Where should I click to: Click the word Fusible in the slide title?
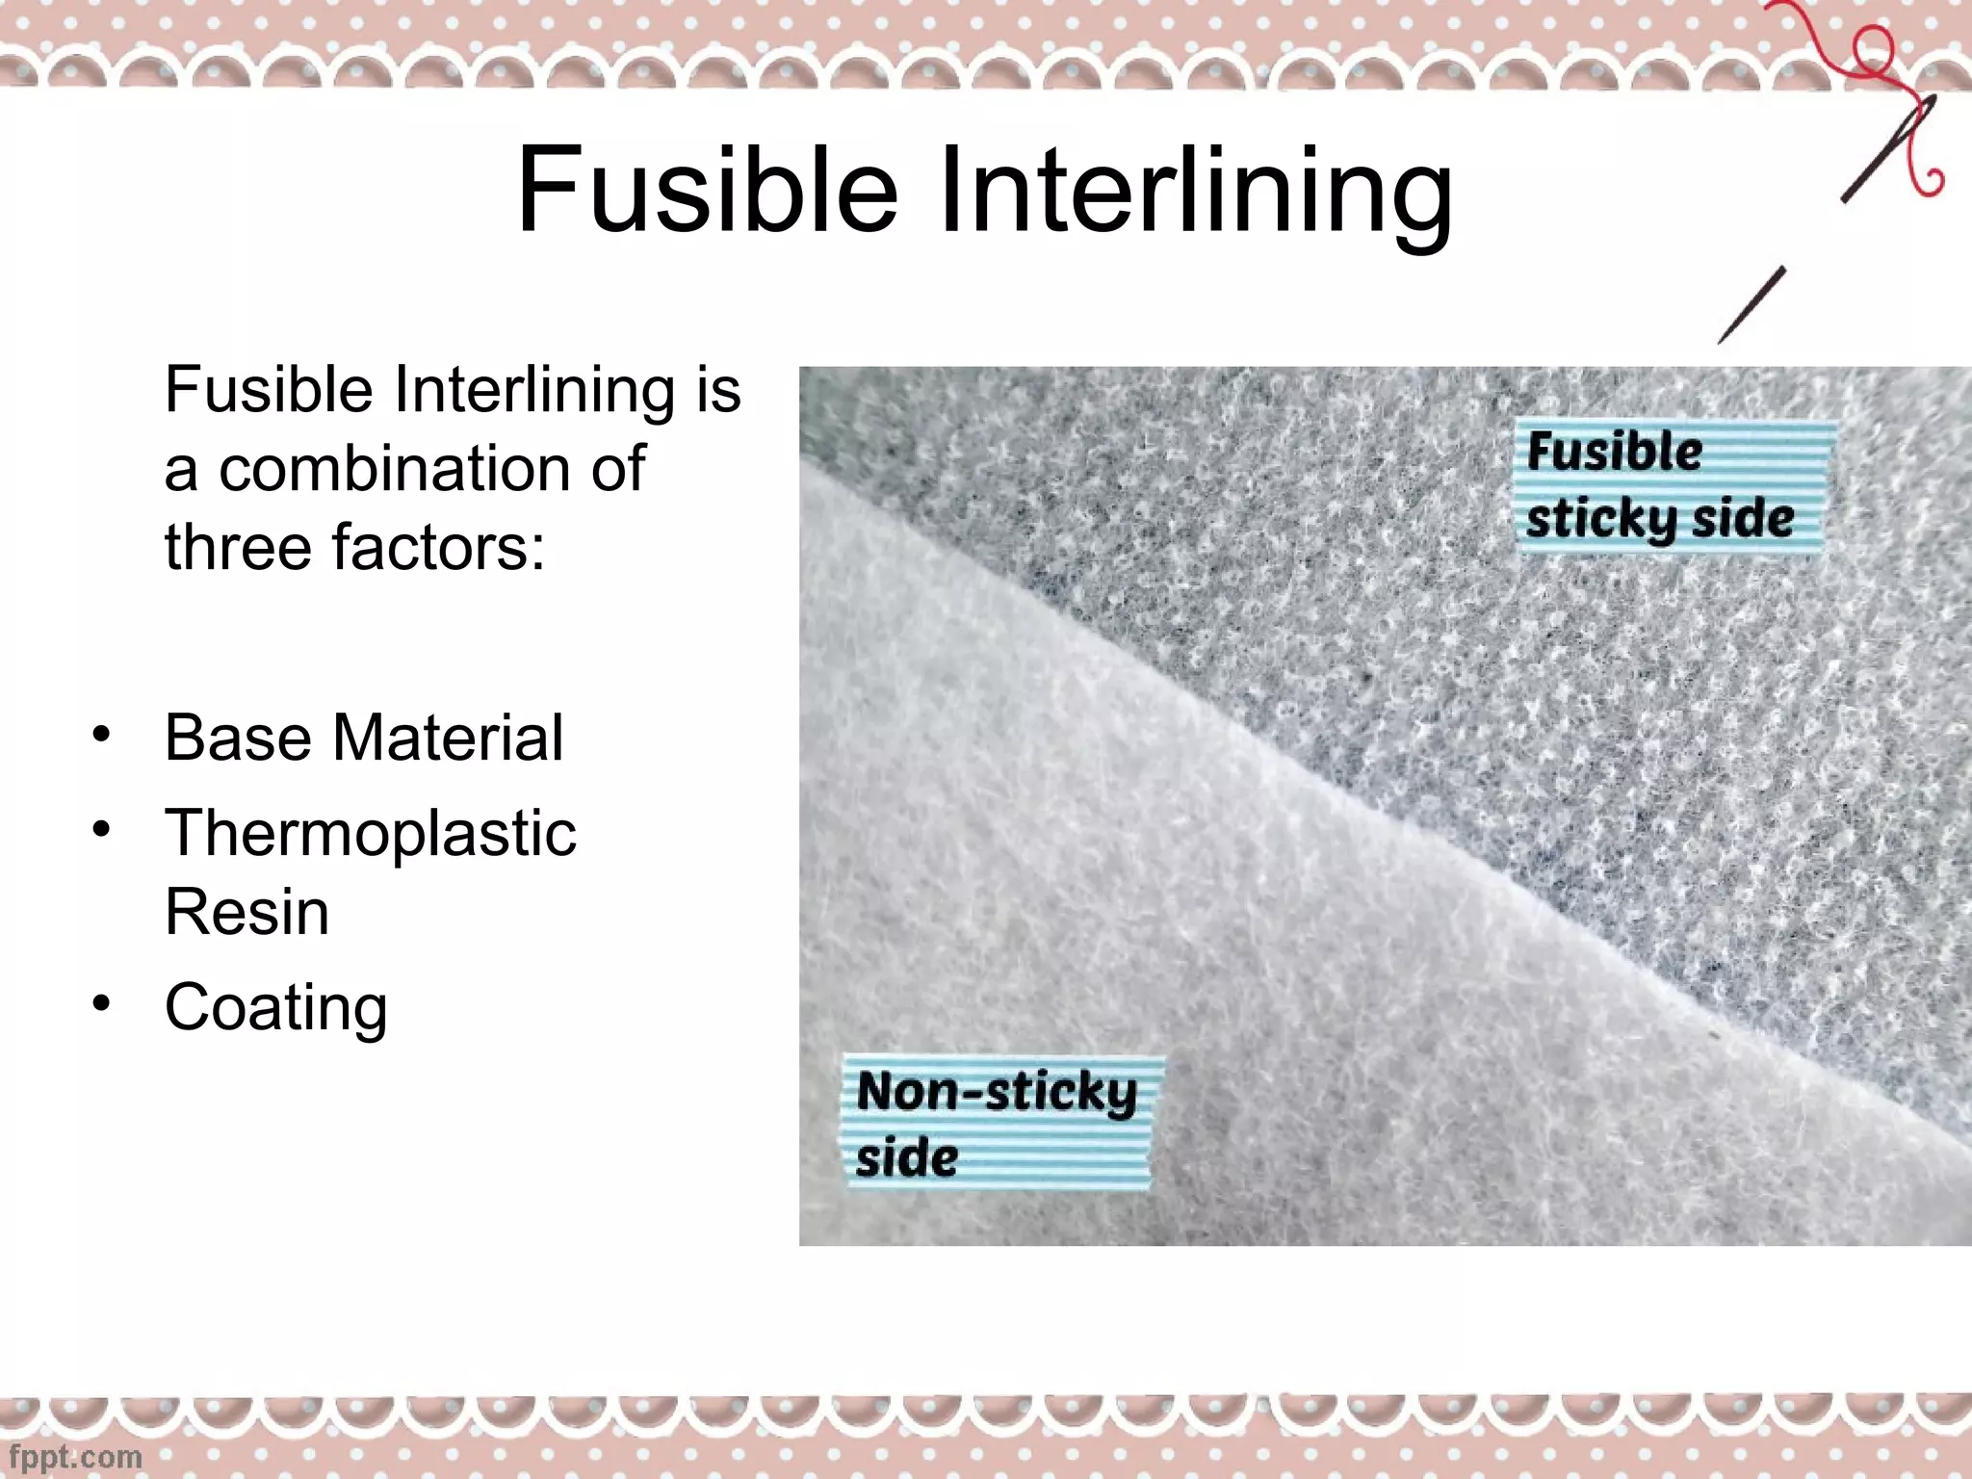(708, 190)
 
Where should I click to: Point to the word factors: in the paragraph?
(438, 547)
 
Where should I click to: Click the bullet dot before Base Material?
(102, 735)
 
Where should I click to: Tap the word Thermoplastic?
(371, 834)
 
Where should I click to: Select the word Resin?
(246, 911)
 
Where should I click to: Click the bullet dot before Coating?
(102, 1004)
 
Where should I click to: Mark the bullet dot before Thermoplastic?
(102, 829)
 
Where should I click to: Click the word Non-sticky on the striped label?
(997, 1092)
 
